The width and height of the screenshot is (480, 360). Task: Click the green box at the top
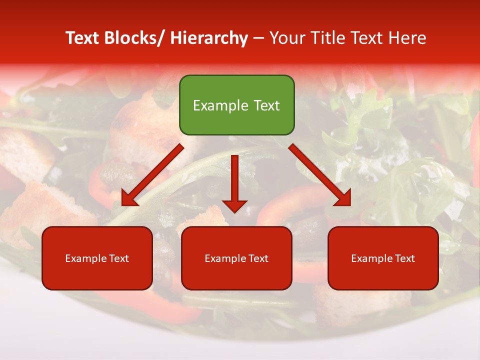236,105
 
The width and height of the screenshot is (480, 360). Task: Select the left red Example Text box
97,258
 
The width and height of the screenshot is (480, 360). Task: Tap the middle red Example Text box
236,258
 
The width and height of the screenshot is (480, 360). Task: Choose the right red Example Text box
383,258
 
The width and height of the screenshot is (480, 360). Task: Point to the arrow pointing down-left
152,175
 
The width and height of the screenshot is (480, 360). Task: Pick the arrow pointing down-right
320,175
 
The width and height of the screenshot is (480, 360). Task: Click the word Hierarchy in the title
209,38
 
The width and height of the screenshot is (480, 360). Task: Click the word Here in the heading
408,38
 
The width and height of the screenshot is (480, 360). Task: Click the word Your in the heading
287,38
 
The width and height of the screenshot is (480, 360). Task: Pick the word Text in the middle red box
258,258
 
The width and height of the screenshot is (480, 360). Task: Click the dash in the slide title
258,38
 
